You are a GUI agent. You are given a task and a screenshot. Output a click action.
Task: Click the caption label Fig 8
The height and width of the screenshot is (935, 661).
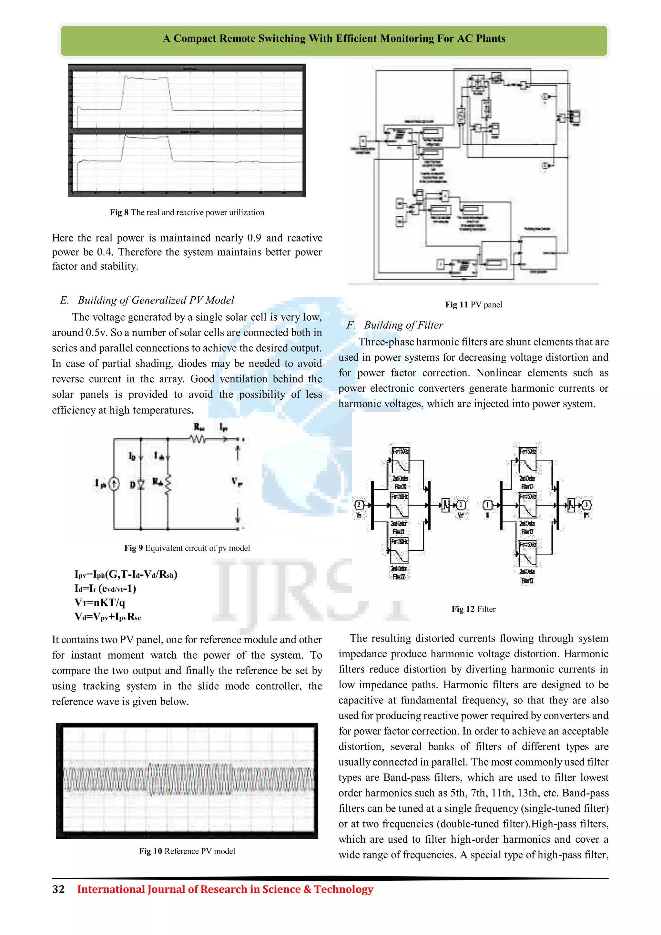[119, 212]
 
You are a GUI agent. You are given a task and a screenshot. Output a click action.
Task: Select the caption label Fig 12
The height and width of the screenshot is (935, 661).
[463, 609]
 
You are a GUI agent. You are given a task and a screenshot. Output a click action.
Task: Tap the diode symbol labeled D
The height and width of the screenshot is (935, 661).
[141, 484]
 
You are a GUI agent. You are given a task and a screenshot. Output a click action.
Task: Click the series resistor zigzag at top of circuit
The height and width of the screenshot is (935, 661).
[198, 439]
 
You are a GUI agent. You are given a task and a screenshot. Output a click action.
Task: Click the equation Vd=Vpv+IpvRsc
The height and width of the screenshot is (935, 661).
[108, 617]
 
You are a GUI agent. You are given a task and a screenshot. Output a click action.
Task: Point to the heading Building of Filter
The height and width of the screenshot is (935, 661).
[403, 325]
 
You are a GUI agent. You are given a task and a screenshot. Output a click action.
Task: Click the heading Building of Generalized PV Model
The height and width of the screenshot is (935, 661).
[156, 300]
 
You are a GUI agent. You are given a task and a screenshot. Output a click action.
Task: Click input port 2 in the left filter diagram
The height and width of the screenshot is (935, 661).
[359, 505]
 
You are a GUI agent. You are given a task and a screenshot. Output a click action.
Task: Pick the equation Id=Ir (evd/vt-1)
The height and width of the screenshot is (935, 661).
[105, 589]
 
